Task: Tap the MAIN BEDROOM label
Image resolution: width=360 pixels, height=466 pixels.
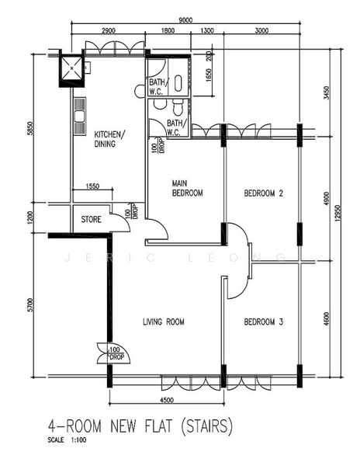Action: [187, 188]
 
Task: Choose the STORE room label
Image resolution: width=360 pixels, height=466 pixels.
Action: [91, 220]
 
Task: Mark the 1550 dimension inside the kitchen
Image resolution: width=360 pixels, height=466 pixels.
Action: [92, 186]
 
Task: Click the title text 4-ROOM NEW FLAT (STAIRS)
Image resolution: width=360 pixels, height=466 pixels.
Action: [129, 428]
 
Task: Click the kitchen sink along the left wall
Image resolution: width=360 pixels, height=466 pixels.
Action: [78, 116]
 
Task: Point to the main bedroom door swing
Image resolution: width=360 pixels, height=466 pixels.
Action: [157, 230]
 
